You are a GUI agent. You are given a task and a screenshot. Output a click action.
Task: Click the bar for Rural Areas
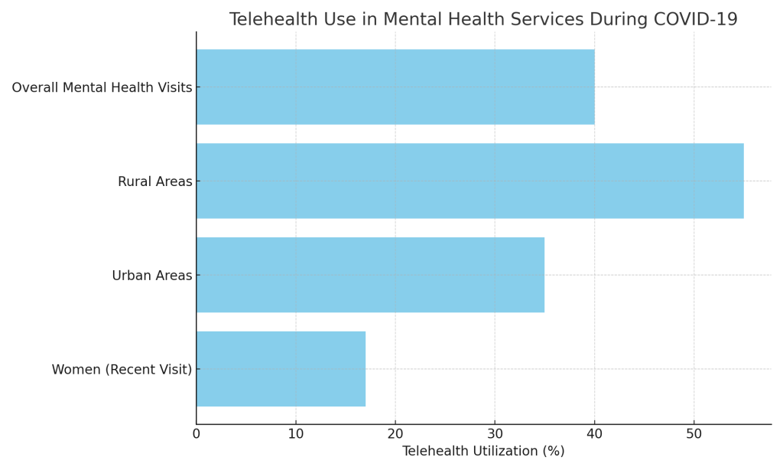click(x=469, y=181)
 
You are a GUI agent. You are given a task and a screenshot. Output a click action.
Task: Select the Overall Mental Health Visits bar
click(x=395, y=87)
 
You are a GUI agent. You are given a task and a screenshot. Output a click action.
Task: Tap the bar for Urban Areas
click(x=370, y=275)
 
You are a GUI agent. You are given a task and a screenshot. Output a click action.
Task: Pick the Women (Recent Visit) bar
click(x=281, y=369)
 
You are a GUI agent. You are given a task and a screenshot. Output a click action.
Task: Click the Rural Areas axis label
click(x=154, y=181)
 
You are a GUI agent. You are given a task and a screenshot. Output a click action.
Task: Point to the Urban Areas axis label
click(x=151, y=276)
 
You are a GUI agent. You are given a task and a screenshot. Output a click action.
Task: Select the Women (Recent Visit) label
click(x=122, y=370)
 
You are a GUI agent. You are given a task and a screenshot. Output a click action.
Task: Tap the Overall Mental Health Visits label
click(x=102, y=88)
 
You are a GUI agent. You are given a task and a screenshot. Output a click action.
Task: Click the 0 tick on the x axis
click(x=197, y=433)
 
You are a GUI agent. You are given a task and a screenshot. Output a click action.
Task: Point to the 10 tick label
click(x=296, y=433)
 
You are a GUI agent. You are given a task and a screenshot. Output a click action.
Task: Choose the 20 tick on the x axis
click(x=395, y=433)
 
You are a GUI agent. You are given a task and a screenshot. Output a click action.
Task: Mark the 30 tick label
click(x=495, y=433)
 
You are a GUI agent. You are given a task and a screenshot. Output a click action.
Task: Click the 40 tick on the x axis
click(x=594, y=433)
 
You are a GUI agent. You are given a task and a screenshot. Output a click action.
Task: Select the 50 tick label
click(x=694, y=433)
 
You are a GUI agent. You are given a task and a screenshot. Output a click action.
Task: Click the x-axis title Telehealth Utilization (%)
click(x=483, y=452)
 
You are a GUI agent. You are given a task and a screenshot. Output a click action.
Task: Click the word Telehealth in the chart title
click(x=270, y=20)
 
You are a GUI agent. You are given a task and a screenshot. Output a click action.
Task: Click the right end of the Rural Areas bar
click(x=742, y=181)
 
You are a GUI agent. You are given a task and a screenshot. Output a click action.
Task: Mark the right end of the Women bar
click(x=365, y=369)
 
